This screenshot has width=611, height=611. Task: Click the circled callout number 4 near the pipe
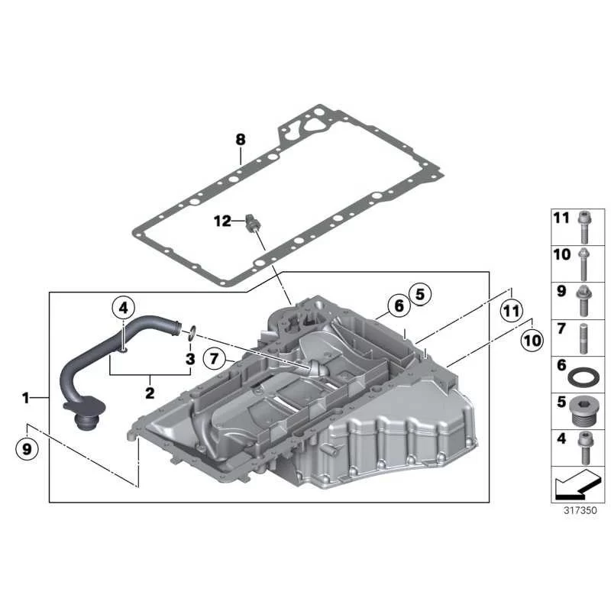click(123, 309)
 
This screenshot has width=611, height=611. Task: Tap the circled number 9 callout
click(27, 449)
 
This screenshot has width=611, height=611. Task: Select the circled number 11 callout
click(511, 311)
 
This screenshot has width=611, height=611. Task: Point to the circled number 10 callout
click(532, 340)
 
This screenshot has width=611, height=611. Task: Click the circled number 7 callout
click(215, 357)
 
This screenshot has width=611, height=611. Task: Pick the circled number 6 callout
click(399, 305)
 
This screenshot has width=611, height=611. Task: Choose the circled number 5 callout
click(419, 294)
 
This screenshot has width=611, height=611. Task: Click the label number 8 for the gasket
click(241, 139)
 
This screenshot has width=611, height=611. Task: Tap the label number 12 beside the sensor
click(222, 221)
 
